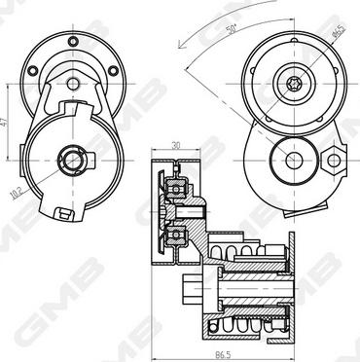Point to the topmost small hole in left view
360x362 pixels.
73,42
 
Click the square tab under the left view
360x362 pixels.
61,212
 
